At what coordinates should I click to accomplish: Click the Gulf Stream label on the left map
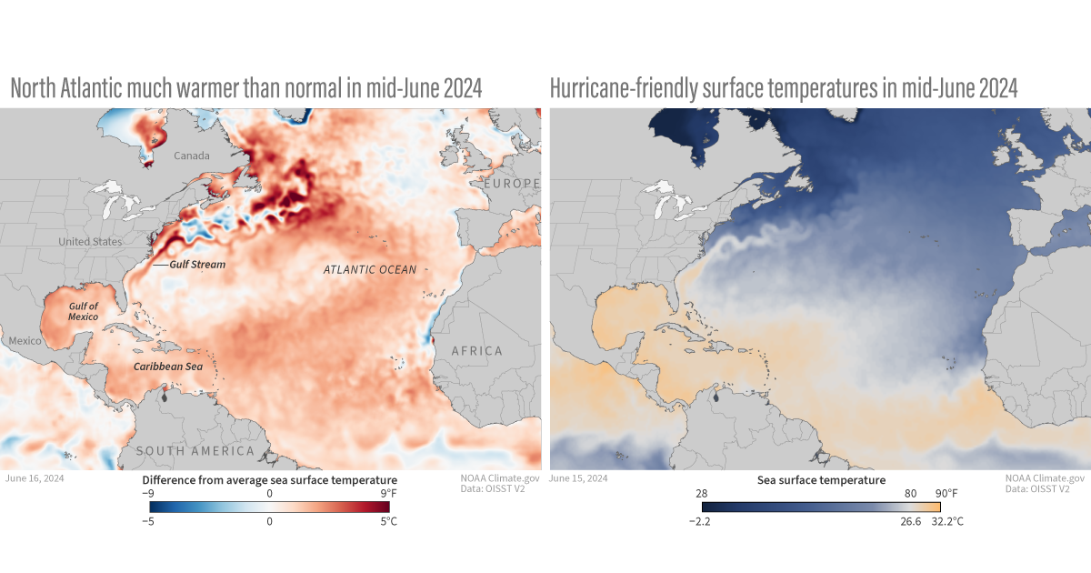[197, 265]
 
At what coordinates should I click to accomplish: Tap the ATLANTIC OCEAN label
[370, 270]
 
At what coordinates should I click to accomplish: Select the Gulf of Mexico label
[84, 312]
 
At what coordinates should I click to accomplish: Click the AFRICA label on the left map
[476, 351]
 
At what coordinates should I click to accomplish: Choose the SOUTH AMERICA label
[195, 451]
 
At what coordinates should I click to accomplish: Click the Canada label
[191, 156]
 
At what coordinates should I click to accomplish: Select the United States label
[90, 242]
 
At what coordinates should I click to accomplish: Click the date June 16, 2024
[35, 477]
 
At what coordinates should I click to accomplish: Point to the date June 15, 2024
[579, 477]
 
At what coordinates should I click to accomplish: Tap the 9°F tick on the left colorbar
[386, 493]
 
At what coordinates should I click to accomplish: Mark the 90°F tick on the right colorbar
[945, 493]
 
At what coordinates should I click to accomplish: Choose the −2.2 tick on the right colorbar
[702, 522]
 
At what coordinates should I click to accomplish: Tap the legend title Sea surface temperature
[821, 479]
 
